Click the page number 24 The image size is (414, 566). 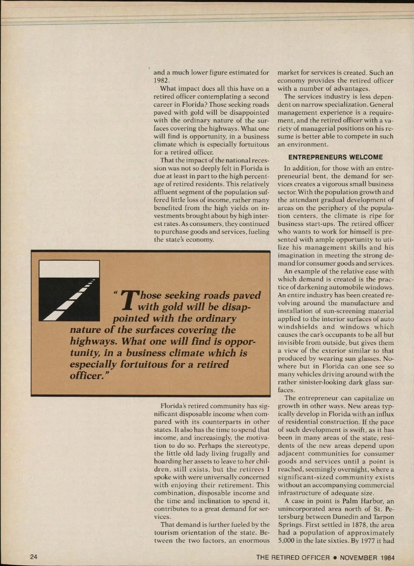[x=34, y=557]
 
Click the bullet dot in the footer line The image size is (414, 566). [x=334, y=557]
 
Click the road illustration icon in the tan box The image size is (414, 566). [x=69, y=290]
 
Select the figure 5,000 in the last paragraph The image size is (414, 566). [x=287, y=541]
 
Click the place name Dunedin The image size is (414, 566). [x=346, y=517]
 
